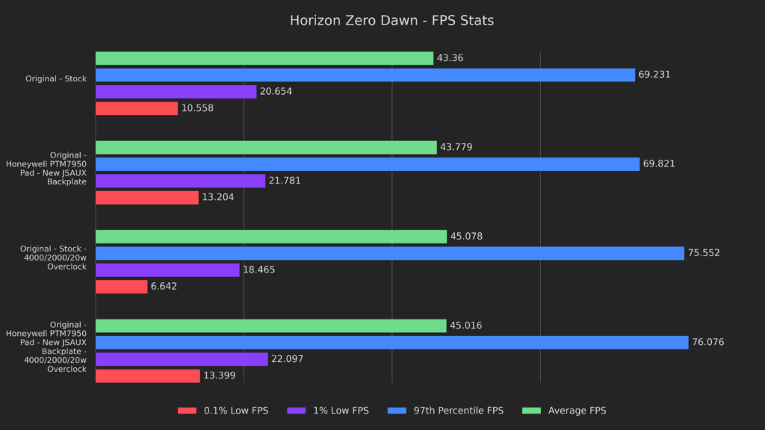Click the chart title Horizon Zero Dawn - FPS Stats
[x=391, y=21]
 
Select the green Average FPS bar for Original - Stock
[x=264, y=58]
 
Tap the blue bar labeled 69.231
[x=365, y=75]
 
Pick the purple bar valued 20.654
[x=176, y=92]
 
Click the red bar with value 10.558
[x=137, y=108]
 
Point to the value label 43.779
[x=456, y=147]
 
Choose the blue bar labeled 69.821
[x=368, y=163]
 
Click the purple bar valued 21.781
[x=180, y=181]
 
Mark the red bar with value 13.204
[x=146, y=197]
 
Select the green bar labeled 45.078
[x=270, y=237]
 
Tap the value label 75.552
[x=704, y=253]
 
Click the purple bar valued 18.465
[x=167, y=269]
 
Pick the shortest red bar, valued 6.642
[x=121, y=287]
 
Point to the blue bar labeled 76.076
[x=391, y=343]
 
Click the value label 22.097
[x=287, y=359]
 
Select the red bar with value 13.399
[x=147, y=376]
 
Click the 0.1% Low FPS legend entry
[x=223, y=411]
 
